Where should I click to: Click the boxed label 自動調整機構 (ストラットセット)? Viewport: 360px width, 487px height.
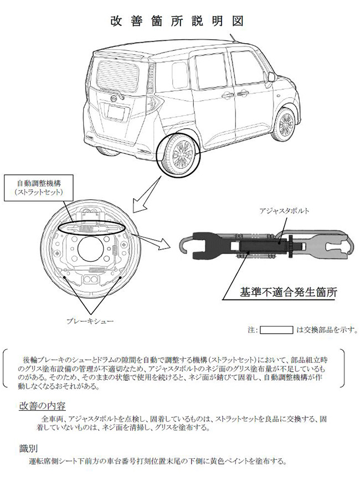37,187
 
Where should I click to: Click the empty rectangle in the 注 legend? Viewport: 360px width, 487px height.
276,330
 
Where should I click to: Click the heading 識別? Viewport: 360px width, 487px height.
28,447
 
